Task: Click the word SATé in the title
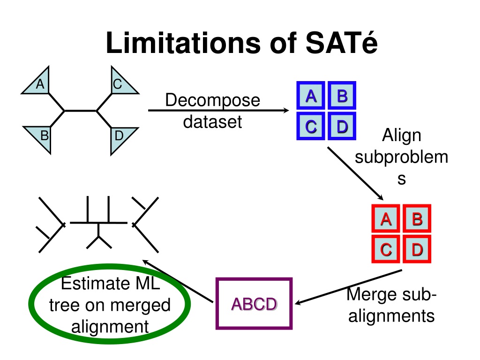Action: (342, 43)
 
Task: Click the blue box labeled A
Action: (311, 95)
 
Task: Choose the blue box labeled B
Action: (342, 95)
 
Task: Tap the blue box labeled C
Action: (311, 126)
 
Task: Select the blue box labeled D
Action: (342, 126)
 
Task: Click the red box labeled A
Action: (386, 218)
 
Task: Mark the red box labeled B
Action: (417, 218)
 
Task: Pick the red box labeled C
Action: (386, 249)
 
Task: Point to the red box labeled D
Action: (417, 249)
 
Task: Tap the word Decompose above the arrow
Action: (213, 100)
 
